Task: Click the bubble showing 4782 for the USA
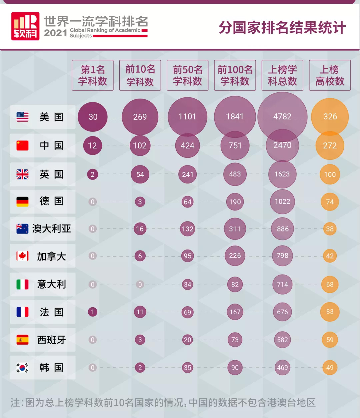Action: coord(282,116)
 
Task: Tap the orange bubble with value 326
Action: coord(330,116)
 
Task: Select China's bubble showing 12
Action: coord(92,145)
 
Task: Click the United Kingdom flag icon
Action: coord(22,174)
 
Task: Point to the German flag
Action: coord(22,201)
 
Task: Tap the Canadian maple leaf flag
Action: coord(22,256)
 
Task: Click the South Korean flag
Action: coord(22,368)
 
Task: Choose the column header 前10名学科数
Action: coord(140,75)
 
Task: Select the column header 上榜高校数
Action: coord(330,75)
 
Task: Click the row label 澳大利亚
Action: coord(51,229)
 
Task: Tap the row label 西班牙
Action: coord(51,340)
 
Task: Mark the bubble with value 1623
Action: coord(282,174)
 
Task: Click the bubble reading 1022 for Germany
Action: coord(282,201)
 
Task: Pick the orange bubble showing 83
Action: coord(330,312)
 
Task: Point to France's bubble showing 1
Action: coord(92,312)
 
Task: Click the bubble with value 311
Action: coord(235,229)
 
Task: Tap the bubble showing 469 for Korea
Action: coord(282,368)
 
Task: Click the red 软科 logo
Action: coord(25,26)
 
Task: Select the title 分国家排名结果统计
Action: coord(282,27)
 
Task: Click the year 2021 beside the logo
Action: coord(56,33)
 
